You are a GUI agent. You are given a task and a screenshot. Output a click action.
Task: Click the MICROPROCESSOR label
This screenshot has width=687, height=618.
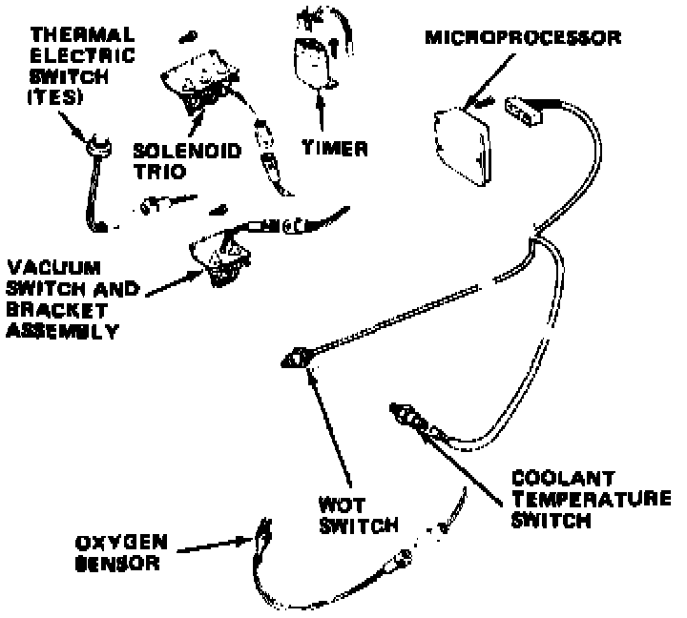[524, 38]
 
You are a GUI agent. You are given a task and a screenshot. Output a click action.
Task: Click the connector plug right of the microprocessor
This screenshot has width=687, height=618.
[526, 111]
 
